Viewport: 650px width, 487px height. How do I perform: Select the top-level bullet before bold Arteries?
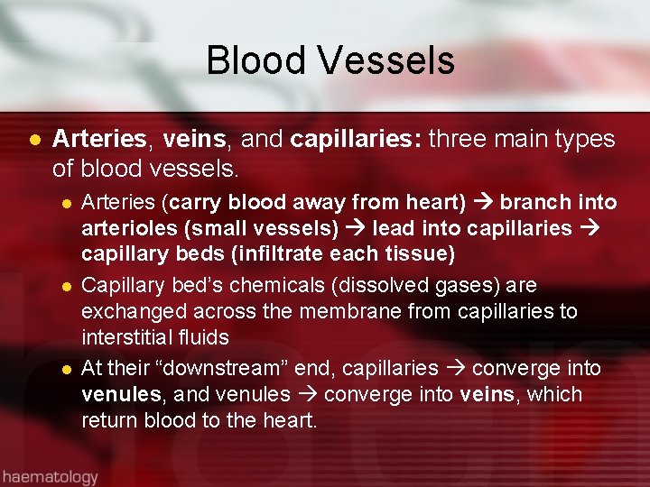coord(34,140)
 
